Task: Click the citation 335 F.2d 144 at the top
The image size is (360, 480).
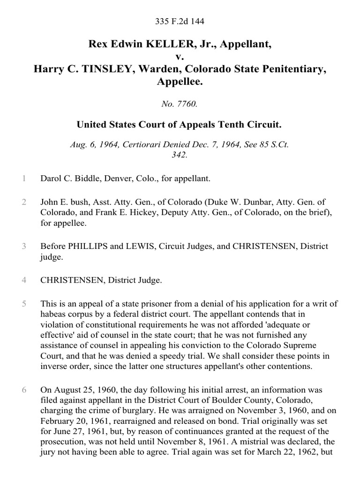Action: click(x=180, y=21)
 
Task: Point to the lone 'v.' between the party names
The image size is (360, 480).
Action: click(x=180, y=57)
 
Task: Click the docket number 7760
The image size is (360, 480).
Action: click(x=187, y=104)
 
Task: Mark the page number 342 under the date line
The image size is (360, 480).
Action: click(x=180, y=155)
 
